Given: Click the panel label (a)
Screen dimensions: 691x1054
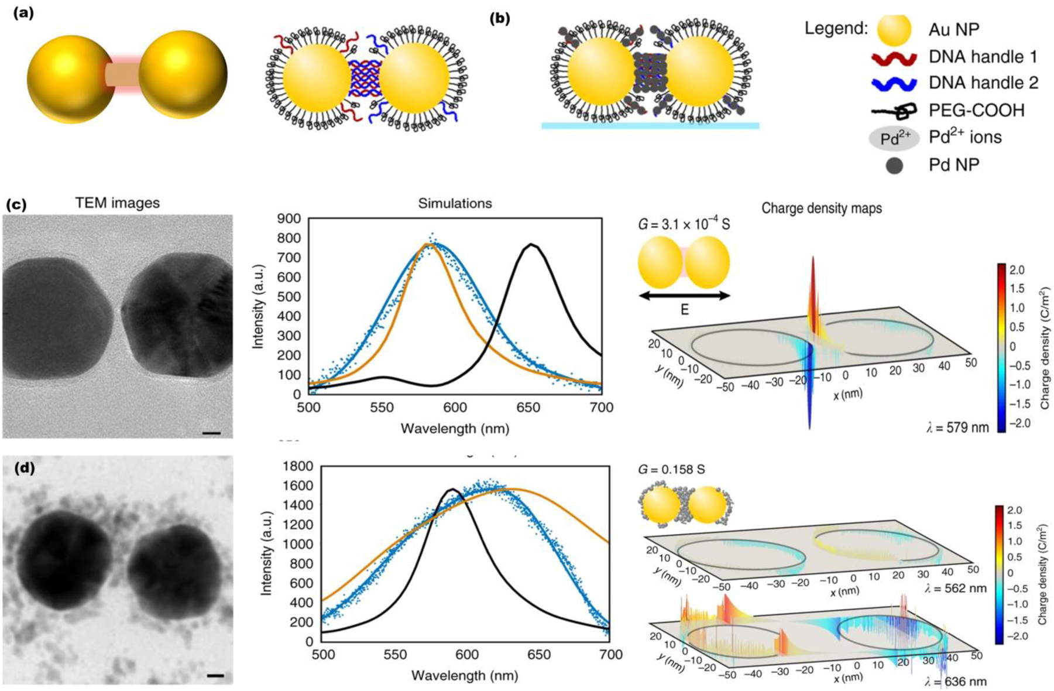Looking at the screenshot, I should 23,13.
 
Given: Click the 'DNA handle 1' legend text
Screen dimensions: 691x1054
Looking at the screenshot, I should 983,57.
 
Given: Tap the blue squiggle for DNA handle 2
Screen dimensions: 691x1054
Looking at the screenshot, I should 894,83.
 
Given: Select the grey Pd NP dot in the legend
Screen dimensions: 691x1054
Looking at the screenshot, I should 894,166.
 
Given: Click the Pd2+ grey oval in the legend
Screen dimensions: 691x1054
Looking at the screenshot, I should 894,138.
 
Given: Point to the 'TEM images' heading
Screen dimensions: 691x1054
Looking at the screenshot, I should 117,203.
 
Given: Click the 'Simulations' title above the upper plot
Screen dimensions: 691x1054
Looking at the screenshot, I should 455,203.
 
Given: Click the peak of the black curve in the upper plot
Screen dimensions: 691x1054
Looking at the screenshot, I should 531,244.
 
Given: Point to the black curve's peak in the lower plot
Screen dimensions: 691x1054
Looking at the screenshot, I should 452,489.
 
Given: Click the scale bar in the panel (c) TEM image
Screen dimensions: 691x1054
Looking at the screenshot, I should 211,433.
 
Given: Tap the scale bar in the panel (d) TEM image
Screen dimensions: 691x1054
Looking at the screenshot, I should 215,676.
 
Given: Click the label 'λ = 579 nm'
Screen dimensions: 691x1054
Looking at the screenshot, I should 957,427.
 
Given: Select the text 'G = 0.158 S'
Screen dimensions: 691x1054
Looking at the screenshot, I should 671,470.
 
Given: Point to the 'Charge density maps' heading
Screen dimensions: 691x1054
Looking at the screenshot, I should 821,208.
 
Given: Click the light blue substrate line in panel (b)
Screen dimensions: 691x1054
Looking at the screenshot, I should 650,125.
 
